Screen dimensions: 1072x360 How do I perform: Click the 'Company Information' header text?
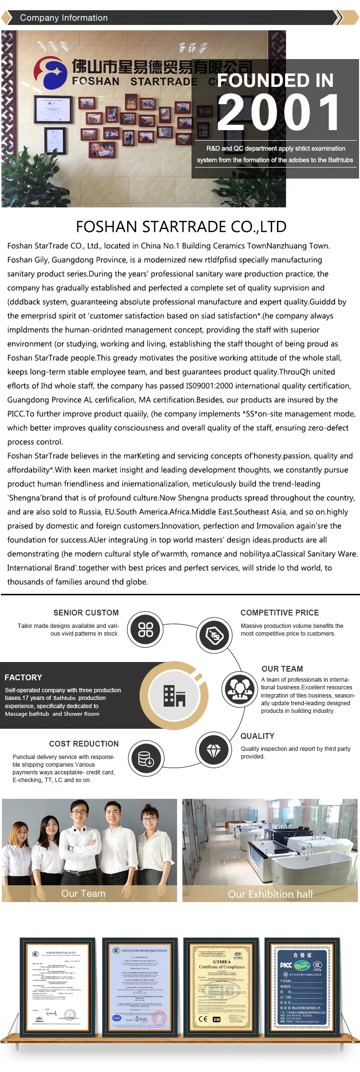pyautogui.click(x=64, y=18)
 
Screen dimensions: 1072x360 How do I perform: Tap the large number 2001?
pyautogui.click(x=278, y=113)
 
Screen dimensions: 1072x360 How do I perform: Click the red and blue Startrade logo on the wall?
pyautogui.click(x=50, y=72)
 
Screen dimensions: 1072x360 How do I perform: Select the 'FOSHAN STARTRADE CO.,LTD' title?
pyautogui.click(x=181, y=227)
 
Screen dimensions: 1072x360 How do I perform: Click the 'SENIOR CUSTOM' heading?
pyautogui.click(x=86, y=613)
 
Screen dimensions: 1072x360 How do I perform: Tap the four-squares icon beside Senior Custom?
pyautogui.click(x=145, y=629)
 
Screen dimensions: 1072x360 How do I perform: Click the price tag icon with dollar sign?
pyautogui.click(x=215, y=636)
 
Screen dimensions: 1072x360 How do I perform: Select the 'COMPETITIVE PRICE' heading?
pyautogui.click(x=279, y=613)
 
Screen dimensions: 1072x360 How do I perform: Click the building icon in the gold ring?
pyautogui.click(x=174, y=695)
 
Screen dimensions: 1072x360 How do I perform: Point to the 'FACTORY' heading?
pyautogui.click(x=23, y=677)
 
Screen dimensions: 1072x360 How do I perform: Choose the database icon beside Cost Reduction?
pyautogui.click(x=145, y=759)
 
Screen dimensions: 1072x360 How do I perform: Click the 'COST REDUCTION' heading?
pyautogui.click(x=84, y=744)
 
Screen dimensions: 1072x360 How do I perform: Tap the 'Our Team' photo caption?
pyautogui.click(x=83, y=893)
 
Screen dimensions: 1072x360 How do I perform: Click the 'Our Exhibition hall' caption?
pyautogui.click(x=270, y=894)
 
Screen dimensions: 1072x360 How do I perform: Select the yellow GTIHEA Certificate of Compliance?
pyautogui.click(x=222, y=989)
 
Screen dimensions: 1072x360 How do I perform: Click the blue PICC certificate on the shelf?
pyautogui.click(x=302, y=989)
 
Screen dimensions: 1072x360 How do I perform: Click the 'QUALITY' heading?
pyautogui.click(x=257, y=736)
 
